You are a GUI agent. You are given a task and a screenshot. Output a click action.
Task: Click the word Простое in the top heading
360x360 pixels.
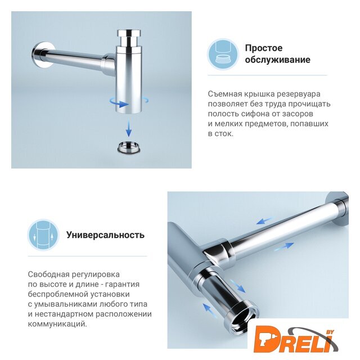[264, 48]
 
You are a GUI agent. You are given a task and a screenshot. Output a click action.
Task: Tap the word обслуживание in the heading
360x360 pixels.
[277, 60]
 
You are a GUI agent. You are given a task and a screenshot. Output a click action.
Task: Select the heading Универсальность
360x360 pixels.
[105, 235]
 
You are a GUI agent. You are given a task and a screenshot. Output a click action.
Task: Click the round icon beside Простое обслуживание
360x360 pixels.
[223, 55]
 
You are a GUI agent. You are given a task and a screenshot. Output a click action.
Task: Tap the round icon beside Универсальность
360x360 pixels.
[43, 235]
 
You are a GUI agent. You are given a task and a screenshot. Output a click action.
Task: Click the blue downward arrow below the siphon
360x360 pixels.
[129, 128]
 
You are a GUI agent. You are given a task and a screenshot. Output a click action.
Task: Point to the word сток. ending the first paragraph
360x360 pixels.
[224, 134]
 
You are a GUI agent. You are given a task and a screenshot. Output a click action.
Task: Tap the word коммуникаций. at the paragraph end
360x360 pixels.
[57, 324]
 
